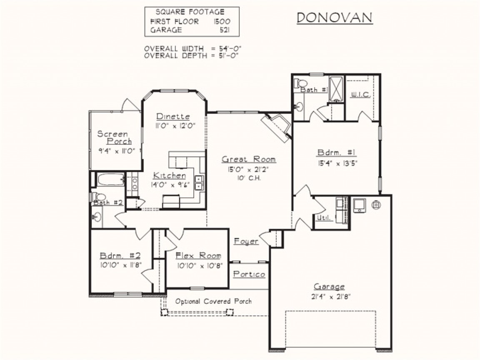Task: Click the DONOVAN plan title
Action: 335,18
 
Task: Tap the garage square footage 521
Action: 224,30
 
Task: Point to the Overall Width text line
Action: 193,48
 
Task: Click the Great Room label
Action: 248,159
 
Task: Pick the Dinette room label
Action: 173,117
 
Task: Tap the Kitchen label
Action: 169,175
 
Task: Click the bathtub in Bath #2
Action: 110,180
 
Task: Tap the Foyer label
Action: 246,241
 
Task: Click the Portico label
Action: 249,274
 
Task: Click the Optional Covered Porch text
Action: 213,301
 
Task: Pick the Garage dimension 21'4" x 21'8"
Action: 329,297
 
